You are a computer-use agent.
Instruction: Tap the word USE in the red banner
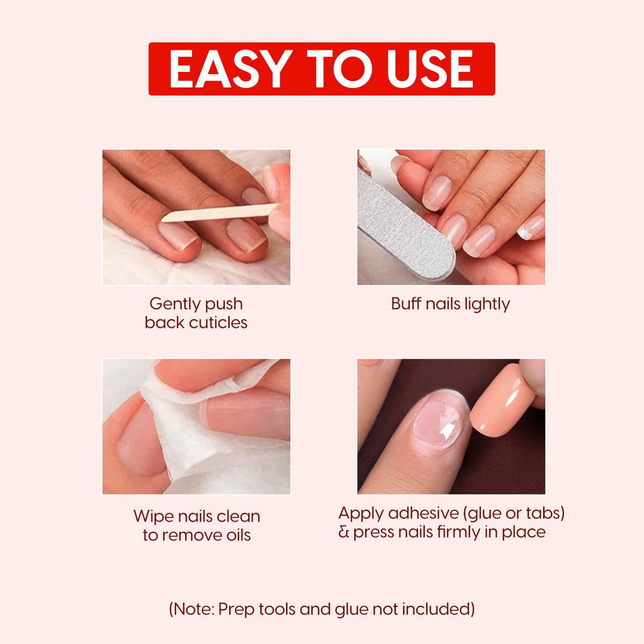pyautogui.click(x=430, y=69)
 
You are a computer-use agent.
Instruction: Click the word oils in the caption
pyautogui.click(x=234, y=535)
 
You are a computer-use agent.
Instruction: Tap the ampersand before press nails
pyautogui.click(x=344, y=532)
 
